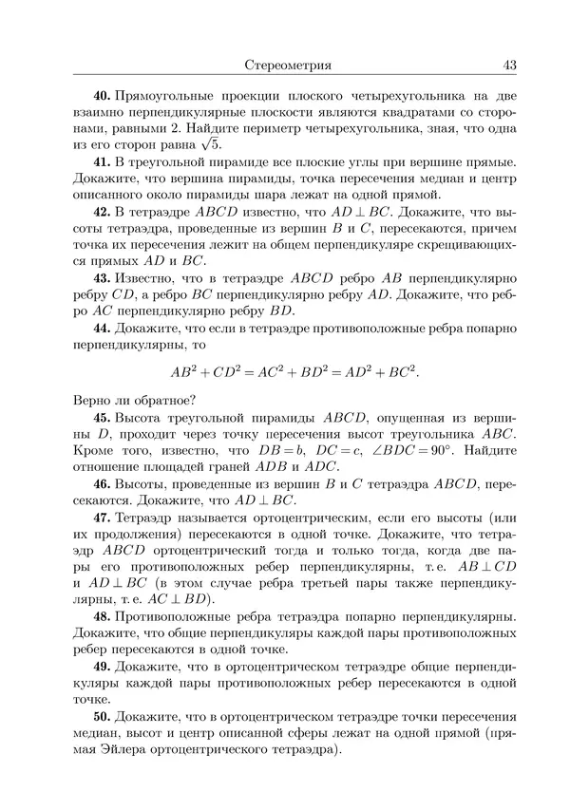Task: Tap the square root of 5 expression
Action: [211, 143]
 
